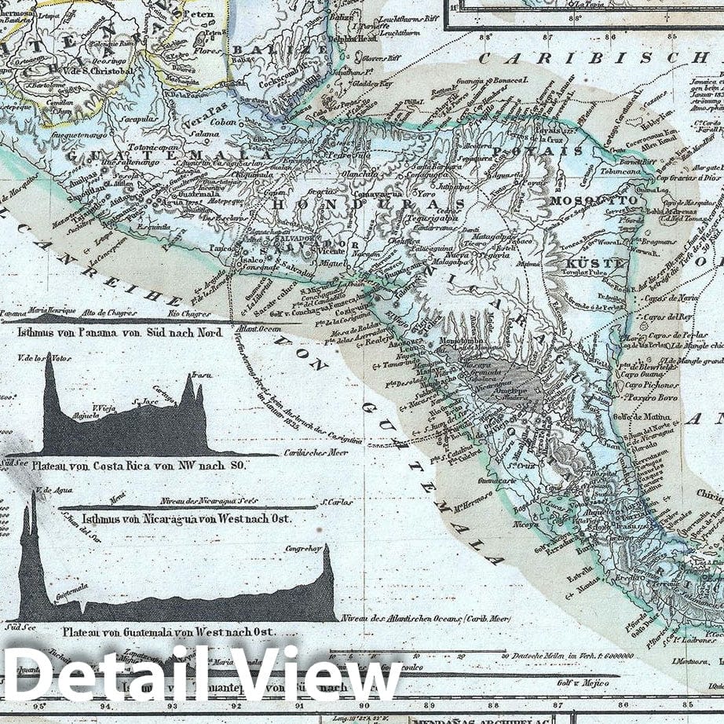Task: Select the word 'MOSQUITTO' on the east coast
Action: point(595,201)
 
